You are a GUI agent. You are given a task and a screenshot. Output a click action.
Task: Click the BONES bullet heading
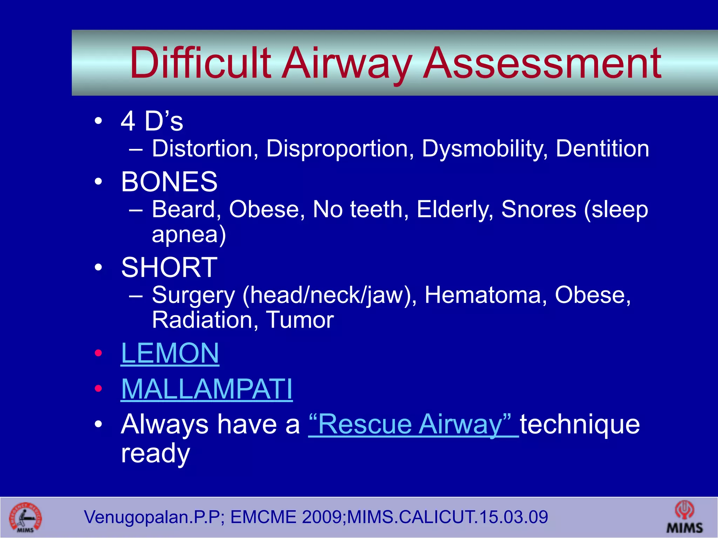tap(169, 182)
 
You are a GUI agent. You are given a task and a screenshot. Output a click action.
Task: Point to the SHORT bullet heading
tap(169, 267)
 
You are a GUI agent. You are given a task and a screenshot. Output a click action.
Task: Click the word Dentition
tap(602, 149)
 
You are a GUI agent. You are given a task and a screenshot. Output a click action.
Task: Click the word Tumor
tap(300, 320)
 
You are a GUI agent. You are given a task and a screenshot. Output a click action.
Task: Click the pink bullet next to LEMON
tap(99, 353)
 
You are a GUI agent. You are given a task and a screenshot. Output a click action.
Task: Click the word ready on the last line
tap(155, 453)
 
